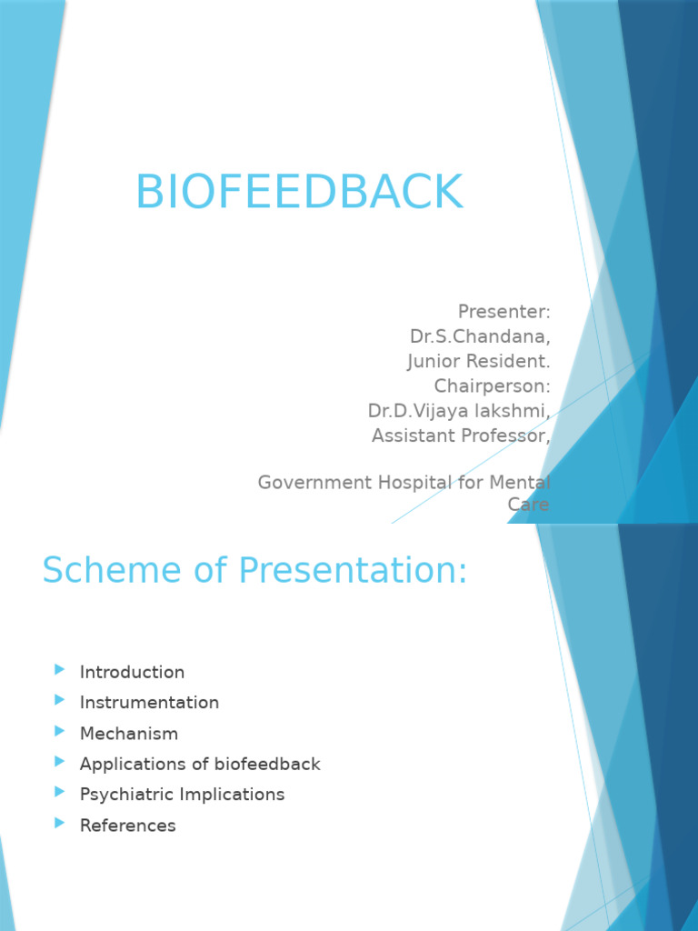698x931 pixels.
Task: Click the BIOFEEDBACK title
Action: coord(299,193)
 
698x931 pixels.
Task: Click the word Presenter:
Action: coord(504,313)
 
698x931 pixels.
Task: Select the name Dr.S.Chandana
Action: coord(480,337)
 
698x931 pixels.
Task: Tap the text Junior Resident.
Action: coord(478,362)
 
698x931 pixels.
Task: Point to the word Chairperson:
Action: coord(492,386)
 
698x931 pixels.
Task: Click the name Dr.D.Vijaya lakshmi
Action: coord(458,411)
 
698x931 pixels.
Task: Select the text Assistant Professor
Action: coord(461,435)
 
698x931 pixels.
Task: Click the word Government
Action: coord(310,483)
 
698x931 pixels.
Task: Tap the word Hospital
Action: coord(407,483)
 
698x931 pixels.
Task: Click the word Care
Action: coord(529,505)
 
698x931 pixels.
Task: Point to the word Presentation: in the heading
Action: coord(354,572)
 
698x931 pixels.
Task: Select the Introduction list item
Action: coord(132,673)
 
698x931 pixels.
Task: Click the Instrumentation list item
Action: coord(149,703)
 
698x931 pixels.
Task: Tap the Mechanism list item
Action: coord(129,734)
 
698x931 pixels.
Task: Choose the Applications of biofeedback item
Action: coord(200,765)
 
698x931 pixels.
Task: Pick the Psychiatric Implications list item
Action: coord(182,795)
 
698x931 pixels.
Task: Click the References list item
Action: coord(127,826)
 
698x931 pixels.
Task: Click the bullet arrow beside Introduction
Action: coord(60,670)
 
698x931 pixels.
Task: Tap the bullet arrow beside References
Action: coord(60,823)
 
